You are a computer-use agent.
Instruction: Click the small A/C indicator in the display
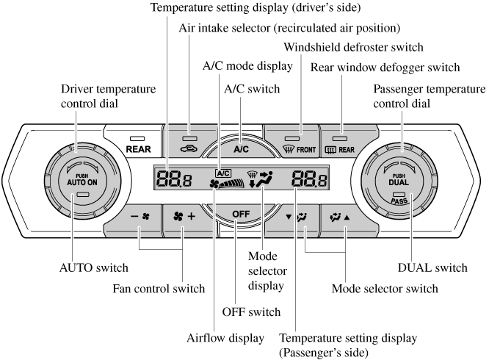coord(222,174)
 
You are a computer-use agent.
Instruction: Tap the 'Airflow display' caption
coord(224,338)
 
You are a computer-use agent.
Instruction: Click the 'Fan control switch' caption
coord(158,289)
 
